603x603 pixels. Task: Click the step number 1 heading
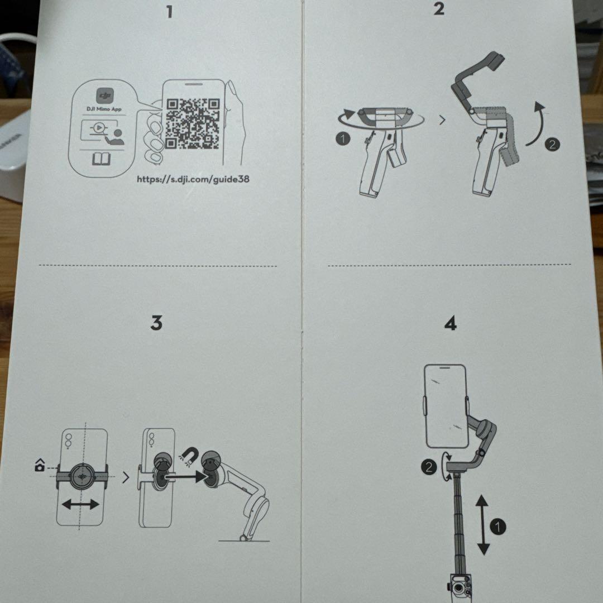coord(170,12)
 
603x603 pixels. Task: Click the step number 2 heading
coord(439,8)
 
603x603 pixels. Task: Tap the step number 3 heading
coord(156,323)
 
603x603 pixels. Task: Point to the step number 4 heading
coord(450,323)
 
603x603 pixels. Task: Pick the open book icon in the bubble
coord(101,160)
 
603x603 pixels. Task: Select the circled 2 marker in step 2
coord(552,144)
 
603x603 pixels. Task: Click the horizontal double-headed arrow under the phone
coord(80,505)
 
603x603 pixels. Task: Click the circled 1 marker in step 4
coord(497,527)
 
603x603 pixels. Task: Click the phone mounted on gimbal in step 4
coord(445,406)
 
